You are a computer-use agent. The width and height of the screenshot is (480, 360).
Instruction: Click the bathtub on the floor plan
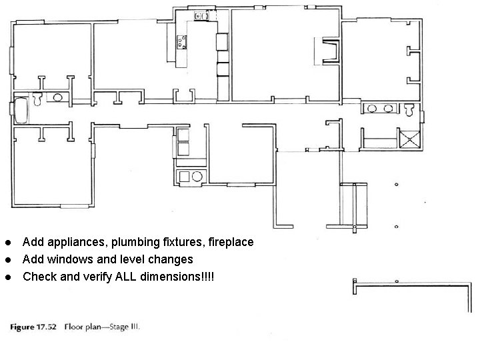click(x=21, y=111)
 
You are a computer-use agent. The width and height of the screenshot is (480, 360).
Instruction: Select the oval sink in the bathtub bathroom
click(x=59, y=97)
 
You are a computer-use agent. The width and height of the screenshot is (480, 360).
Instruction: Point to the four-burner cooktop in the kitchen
click(x=181, y=43)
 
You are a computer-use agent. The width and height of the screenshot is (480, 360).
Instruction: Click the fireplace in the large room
click(x=326, y=52)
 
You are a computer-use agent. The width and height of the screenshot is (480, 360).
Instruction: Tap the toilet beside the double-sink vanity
click(x=409, y=109)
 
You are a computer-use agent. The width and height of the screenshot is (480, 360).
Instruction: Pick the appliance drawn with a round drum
click(x=197, y=177)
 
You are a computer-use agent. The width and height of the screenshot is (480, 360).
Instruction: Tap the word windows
click(x=69, y=259)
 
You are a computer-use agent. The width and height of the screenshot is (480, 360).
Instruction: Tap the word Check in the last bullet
click(x=38, y=276)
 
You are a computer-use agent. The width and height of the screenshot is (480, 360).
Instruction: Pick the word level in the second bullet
click(x=128, y=259)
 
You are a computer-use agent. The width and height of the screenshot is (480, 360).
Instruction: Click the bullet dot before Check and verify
click(x=8, y=276)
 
